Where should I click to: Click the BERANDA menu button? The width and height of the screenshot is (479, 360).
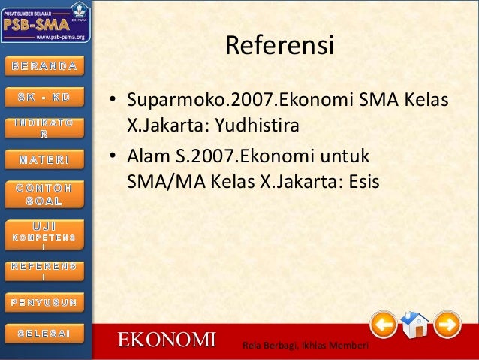click(44, 65)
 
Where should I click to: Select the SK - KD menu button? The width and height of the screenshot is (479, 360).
click(44, 98)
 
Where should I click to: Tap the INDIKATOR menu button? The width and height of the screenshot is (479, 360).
click(44, 128)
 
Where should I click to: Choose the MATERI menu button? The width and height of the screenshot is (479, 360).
click(44, 159)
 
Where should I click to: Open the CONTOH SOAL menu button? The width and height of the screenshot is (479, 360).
click(44, 194)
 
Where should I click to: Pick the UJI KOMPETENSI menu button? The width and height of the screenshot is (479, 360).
click(44, 232)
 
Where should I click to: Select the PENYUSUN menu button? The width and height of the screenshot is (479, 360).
click(44, 302)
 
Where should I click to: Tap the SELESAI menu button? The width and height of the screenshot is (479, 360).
click(44, 332)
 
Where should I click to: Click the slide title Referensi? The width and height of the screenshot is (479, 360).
click(279, 46)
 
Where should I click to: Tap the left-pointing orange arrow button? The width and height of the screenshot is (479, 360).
click(384, 325)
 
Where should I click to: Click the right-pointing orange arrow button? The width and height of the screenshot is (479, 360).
click(447, 325)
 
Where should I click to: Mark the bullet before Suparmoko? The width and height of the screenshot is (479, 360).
click(110, 100)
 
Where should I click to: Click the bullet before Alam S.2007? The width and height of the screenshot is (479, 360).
click(110, 159)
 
